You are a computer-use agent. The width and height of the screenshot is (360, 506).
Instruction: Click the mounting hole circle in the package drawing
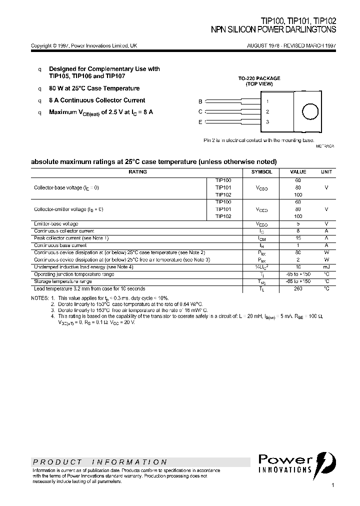click(x=310, y=111)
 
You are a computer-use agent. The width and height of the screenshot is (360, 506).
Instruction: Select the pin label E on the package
click(x=200, y=122)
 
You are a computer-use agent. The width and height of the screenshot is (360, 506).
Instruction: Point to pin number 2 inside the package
click(x=267, y=112)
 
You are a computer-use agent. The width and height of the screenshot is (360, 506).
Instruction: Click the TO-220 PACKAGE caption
click(x=258, y=78)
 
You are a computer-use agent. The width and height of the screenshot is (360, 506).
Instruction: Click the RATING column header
click(x=137, y=171)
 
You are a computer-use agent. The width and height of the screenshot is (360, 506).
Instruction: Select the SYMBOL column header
click(x=261, y=171)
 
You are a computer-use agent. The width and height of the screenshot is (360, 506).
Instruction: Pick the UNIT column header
click(x=326, y=171)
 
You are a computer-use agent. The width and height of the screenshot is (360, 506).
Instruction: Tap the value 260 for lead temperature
click(x=298, y=288)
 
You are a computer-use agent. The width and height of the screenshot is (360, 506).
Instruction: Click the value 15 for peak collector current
click(x=298, y=238)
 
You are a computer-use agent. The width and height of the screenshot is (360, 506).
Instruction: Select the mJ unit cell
click(x=326, y=267)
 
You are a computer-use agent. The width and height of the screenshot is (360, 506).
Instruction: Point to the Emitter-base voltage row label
click(x=56, y=223)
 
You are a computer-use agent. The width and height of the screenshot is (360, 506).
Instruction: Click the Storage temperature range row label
click(x=62, y=281)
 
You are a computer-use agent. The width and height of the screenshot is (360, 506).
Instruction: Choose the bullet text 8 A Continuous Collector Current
click(x=97, y=100)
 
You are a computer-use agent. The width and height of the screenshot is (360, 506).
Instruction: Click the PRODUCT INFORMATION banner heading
click(x=100, y=462)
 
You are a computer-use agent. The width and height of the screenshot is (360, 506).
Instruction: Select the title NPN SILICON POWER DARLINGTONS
click(x=273, y=30)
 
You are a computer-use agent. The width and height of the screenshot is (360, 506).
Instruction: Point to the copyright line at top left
click(x=84, y=45)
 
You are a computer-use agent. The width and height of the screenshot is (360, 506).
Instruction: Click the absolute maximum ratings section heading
click(x=153, y=161)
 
